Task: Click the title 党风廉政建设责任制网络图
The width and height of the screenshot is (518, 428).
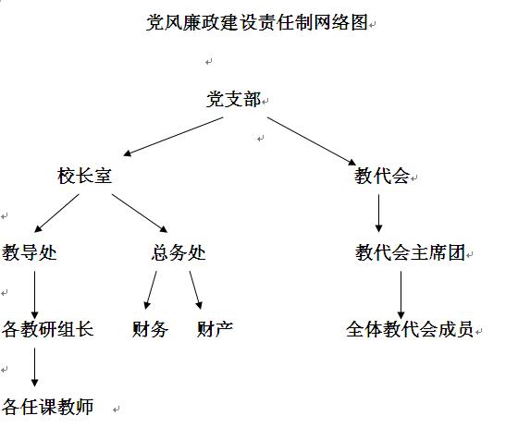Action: click(257, 22)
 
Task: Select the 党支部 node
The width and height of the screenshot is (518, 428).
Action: click(233, 99)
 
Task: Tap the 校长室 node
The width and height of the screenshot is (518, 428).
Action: click(85, 176)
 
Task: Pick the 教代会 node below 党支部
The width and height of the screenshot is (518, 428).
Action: click(382, 176)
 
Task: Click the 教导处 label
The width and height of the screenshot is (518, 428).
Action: click(30, 252)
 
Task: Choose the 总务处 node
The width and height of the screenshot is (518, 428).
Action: click(179, 252)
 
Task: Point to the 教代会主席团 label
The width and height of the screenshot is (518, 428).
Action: click(411, 252)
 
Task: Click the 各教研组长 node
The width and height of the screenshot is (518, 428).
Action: click(48, 329)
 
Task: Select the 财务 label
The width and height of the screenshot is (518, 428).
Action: click(150, 329)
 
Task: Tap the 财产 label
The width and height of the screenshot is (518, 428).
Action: click(215, 329)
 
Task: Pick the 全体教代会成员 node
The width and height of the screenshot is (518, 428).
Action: click(410, 329)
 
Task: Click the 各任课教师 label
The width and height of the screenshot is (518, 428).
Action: click(48, 406)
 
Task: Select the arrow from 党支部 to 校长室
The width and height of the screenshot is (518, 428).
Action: click(173, 137)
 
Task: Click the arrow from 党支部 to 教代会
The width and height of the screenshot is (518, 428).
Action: click(312, 141)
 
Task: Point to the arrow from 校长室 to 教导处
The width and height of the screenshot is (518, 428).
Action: click(56, 213)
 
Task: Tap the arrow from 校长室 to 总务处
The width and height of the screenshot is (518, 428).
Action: click(140, 214)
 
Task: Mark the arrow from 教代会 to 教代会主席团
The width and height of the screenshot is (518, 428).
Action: click(379, 214)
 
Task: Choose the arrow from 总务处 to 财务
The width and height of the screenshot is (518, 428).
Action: click(150, 290)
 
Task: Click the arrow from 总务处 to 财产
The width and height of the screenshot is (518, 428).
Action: click(196, 290)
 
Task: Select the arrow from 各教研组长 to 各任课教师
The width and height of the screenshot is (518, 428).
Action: click(35, 367)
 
